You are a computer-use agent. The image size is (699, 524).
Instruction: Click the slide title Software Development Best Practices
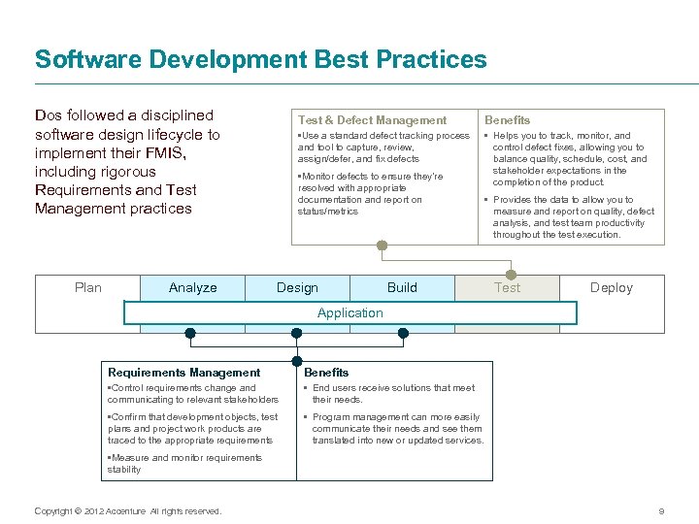(x=260, y=59)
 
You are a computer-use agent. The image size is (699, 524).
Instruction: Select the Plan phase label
(x=88, y=287)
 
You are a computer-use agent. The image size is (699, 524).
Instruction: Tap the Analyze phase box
(x=192, y=287)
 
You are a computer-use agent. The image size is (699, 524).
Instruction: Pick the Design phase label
(x=297, y=287)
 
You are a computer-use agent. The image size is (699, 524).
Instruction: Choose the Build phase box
(x=402, y=287)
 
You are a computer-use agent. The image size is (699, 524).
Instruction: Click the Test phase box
(x=507, y=287)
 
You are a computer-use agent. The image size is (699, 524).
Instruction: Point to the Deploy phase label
(x=612, y=287)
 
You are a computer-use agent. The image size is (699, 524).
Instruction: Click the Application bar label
(x=349, y=312)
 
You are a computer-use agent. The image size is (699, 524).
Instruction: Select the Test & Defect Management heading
(x=372, y=119)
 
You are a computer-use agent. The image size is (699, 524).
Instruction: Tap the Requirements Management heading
(x=183, y=372)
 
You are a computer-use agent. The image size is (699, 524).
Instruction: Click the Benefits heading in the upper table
(x=507, y=119)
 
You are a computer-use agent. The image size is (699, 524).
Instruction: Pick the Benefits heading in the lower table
(x=326, y=372)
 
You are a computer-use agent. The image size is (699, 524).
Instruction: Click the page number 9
(x=661, y=511)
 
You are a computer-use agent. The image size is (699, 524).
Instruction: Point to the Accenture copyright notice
(x=127, y=511)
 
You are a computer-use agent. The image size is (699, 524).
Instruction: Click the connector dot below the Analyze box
(x=190, y=333)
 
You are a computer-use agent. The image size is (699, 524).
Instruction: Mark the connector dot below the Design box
(x=297, y=333)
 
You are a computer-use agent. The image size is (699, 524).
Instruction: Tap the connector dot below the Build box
(x=403, y=333)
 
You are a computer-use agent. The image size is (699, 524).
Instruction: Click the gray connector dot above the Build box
(x=383, y=246)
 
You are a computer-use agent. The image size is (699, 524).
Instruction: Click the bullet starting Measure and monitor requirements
(x=184, y=463)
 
